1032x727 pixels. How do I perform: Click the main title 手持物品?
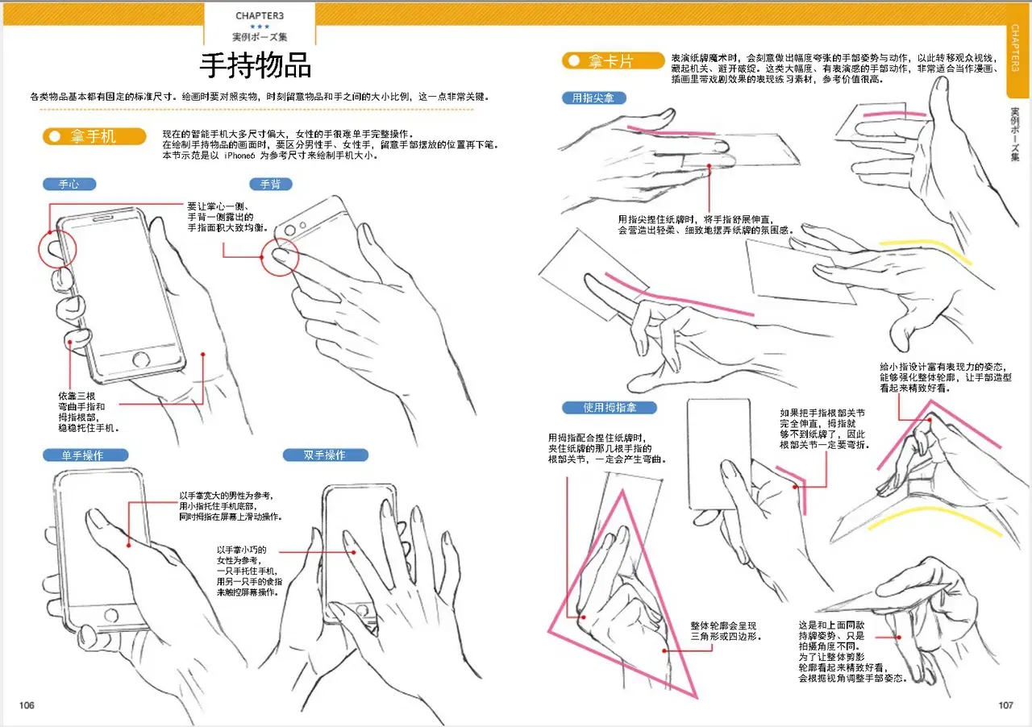[256, 65]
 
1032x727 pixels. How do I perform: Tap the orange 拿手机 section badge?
[94, 136]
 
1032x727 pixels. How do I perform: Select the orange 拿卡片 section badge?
[614, 60]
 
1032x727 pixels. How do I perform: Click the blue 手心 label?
[69, 185]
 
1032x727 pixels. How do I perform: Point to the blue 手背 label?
[270, 185]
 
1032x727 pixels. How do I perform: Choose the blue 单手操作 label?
[85, 455]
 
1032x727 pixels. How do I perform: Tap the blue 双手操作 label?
[325, 455]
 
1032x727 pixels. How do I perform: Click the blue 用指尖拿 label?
[594, 98]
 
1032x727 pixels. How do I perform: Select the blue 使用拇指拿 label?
[609, 408]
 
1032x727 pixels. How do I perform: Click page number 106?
[27, 705]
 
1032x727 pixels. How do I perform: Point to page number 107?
[1005, 705]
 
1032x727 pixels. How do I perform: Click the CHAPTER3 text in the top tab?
[260, 15]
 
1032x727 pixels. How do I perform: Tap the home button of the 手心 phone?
[141, 359]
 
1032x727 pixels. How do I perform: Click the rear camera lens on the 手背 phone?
[289, 230]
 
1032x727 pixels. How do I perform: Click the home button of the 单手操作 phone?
[111, 615]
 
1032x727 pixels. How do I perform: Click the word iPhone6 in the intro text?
[239, 156]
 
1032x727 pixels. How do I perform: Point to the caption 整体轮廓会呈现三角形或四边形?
[725, 631]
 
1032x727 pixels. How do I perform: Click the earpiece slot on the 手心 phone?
[103, 218]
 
